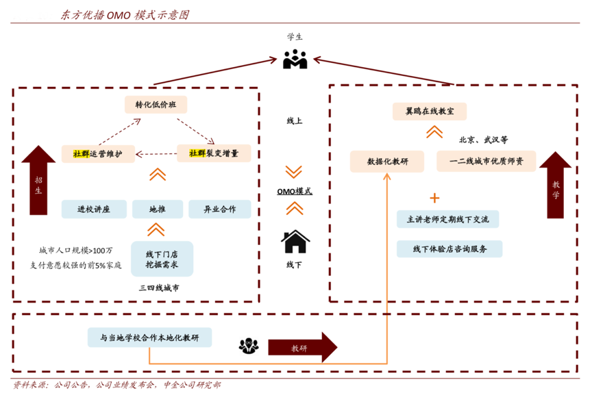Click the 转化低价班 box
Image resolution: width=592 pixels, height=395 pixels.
pos(156,105)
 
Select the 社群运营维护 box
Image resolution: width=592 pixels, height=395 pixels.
pos(97,154)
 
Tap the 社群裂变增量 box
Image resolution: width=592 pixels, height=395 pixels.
pos(214,153)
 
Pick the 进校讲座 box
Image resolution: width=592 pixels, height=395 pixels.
pos(93,209)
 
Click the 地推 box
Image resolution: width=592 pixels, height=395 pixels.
pos(158,209)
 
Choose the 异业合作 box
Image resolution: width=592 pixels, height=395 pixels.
pos(219,209)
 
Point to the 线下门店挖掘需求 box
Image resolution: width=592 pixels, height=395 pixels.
pos(162,258)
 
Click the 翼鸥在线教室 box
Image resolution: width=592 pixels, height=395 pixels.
pos(430,110)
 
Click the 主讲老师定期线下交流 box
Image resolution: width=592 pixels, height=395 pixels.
pos(448,219)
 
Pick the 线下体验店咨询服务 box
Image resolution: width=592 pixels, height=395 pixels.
pos(449,249)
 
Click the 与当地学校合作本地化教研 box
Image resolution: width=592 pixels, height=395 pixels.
pos(149,337)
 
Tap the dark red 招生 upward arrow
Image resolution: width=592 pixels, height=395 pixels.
pos(38,181)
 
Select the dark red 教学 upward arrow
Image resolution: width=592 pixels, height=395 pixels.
pos(555,185)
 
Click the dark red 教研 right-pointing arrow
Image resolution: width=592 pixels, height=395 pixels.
pos(302,348)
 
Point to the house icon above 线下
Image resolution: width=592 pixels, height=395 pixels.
pos(295,242)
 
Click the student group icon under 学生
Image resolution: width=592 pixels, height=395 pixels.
pos(295,60)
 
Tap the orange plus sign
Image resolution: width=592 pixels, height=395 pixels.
pos(434,198)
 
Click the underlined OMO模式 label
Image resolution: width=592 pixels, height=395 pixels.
pos(295,191)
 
